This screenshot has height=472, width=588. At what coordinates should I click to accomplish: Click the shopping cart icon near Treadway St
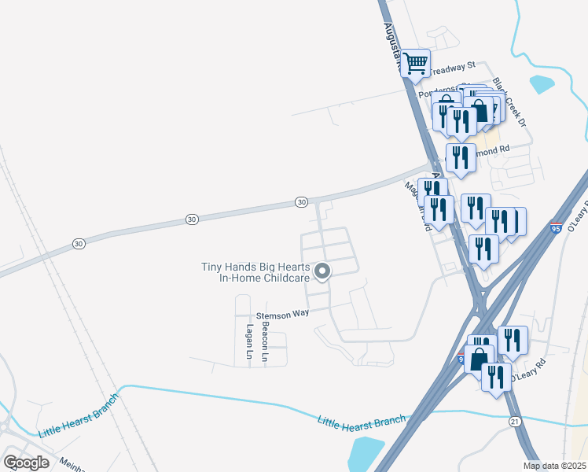[415, 63]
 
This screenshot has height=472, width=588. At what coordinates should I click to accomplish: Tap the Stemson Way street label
[288, 313]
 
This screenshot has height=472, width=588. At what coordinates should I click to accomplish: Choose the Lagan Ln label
[248, 342]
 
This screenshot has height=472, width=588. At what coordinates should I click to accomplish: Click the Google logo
[26, 462]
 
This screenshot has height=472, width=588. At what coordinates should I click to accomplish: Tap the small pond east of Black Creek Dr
[542, 83]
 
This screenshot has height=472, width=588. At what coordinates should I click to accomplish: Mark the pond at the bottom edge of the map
[364, 454]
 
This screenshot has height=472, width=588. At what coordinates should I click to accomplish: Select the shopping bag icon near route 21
[478, 359]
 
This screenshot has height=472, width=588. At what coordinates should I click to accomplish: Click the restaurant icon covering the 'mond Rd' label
[461, 157]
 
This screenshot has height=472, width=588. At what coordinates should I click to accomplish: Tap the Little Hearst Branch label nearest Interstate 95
[362, 419]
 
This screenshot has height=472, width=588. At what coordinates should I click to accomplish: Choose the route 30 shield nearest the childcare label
[301, 202]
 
